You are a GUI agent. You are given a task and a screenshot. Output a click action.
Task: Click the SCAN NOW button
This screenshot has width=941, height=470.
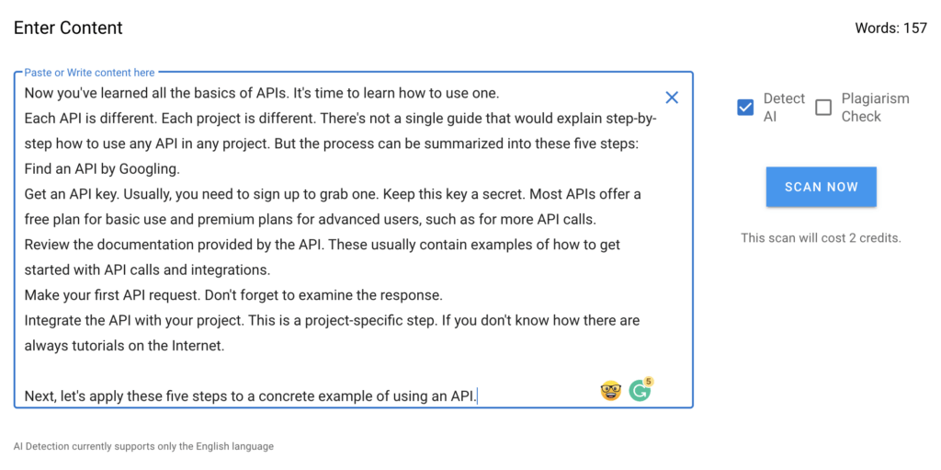pos(821,187)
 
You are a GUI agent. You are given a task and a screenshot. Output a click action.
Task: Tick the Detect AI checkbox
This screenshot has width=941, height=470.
pos(745,108)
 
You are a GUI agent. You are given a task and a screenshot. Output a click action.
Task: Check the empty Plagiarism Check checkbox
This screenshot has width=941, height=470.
pos(823,108)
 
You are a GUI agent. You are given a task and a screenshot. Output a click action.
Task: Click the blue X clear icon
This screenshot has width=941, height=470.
pos(672,97)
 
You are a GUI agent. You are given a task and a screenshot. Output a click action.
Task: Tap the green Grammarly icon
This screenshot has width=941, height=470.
pos(641,391)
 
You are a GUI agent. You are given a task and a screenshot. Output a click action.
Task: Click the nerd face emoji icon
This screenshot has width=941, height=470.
pos(610,391)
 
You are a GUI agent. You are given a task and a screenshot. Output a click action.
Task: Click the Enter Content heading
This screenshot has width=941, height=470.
pos(68,28)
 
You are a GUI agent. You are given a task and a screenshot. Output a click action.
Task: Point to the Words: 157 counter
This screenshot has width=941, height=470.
pos(891,29)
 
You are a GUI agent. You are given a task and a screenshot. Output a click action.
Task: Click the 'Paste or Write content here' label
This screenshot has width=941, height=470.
pos(89,73)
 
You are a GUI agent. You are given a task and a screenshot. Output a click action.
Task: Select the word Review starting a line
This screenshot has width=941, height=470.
pos(45,246)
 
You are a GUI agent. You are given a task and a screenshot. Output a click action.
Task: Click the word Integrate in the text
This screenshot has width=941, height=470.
pos(50,321)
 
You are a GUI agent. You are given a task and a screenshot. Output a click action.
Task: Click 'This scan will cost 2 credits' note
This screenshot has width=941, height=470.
pos(821,238)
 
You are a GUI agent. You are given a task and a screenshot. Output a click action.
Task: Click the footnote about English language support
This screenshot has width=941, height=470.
pos(143,447)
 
